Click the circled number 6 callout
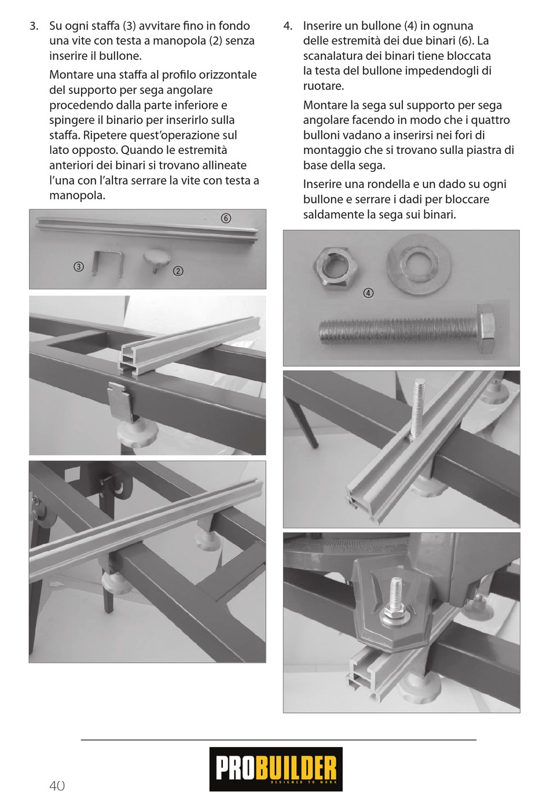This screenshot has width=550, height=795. [226, 218]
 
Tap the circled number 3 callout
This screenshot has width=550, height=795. [79, 267]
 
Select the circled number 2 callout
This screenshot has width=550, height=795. [178, 271]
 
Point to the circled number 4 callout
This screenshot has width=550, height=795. [369, 293]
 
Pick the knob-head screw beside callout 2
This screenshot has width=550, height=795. [156, 259]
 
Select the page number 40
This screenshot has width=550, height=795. [57, 785]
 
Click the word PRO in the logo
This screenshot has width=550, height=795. [235, 768]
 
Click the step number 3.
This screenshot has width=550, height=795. [34, 26]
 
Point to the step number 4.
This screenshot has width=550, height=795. [288, 26]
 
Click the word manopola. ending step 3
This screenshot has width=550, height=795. [78, 196]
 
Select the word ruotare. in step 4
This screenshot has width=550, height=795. [324, 86]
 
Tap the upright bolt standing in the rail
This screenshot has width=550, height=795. [416, 409]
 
